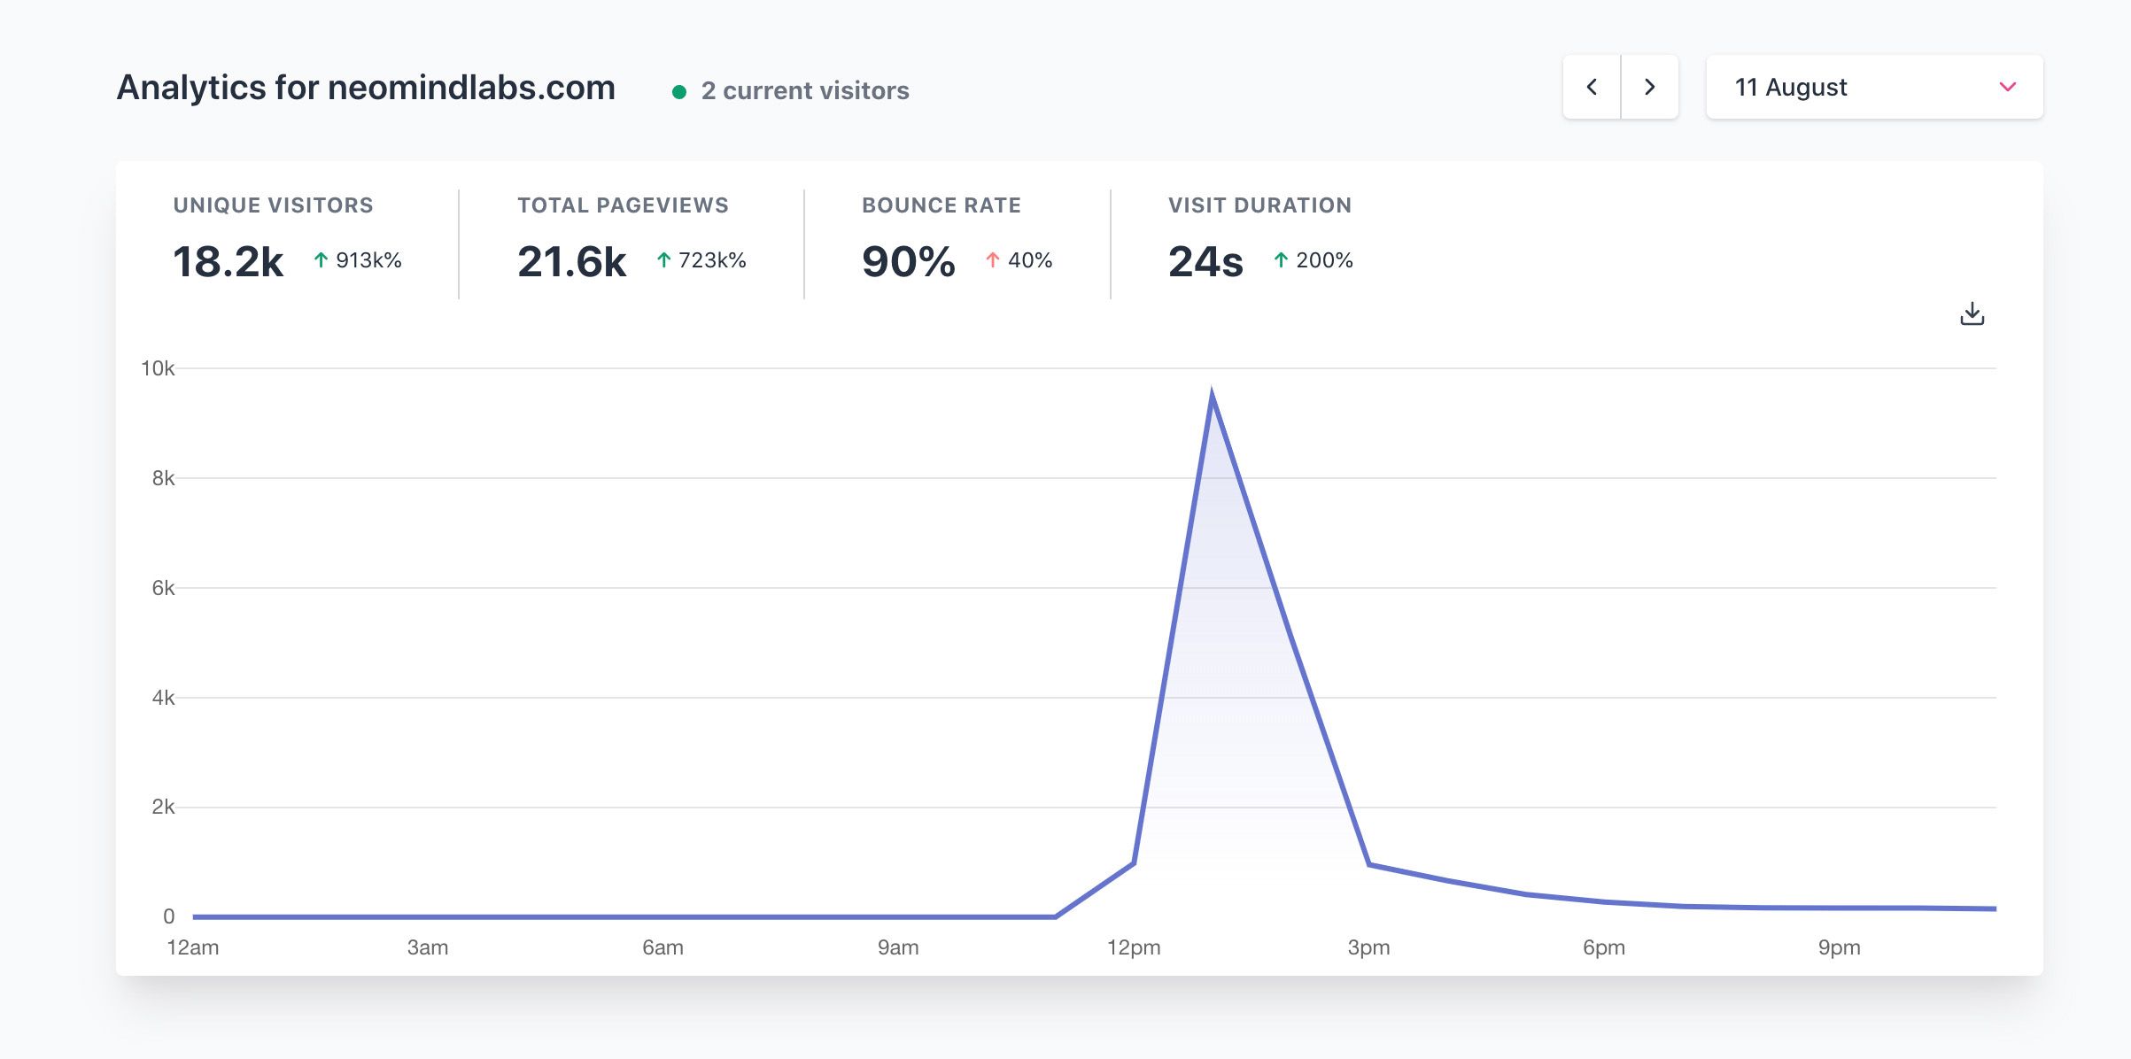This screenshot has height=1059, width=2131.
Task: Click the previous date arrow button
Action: click(x=1592, y=87)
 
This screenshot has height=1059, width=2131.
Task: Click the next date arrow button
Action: click(x=1649, y=87)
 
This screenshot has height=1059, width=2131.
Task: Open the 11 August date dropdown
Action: click(x=1873, y=87)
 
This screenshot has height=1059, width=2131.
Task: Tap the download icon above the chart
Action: click(x=1972, y=314)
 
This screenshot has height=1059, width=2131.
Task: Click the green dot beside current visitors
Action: click(x=679, y=91)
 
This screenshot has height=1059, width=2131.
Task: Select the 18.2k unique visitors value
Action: click(x=228, y=261)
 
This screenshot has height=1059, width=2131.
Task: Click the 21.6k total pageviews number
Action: click(x=571, y=261)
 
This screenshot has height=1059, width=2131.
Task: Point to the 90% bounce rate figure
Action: click(x=908, y=261)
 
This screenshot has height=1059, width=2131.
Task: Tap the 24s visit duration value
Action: click(x=1205, y=261)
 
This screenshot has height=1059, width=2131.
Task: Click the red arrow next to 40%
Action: click(x=993, y=260)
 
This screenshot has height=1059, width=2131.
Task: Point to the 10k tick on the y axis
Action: click(x=158, y=368)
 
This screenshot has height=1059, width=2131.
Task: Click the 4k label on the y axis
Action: click(x=163, y=698)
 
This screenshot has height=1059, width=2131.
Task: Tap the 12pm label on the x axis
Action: click(x=1133, y=947)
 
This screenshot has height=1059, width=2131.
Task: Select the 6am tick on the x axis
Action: click(x=663, y=947)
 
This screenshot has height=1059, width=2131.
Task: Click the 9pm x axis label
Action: click(x=1839, y=947)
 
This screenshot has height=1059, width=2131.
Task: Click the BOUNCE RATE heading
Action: click(x=941, y=205)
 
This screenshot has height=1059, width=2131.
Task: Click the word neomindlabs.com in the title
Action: click(x=471, y=88)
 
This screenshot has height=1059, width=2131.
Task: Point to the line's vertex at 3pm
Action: click(x=1369, y=864)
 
